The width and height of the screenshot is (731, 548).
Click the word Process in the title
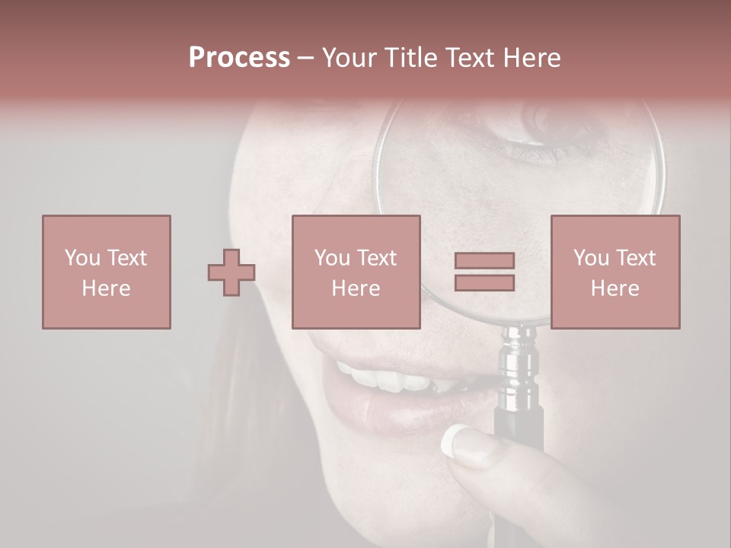point(239,58)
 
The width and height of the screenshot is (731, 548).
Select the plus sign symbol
point(231,272)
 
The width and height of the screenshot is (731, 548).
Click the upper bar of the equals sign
point(484,260)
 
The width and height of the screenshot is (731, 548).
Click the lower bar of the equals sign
point(484,282)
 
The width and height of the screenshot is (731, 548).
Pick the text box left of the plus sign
point(107,272)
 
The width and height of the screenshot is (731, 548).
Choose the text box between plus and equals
point(356,272)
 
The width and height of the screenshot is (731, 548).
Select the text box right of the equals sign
point(614,272)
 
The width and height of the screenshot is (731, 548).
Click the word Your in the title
point(348,58)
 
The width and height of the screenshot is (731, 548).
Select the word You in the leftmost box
point(82,258)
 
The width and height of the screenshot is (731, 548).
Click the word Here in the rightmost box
point(614,288)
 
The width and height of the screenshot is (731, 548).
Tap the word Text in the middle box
point(377,258)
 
